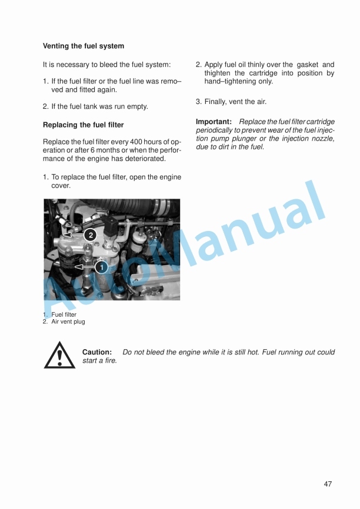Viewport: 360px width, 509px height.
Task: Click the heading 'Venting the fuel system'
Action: coord(84,46)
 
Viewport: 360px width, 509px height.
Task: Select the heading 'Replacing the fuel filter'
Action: coord(84,125)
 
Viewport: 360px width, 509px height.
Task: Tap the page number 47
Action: coord(328,484)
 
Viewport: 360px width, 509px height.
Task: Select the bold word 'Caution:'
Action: coord(97,352)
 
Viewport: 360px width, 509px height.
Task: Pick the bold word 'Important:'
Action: coord(214,122)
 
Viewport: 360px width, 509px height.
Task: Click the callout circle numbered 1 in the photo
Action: coord(101,267)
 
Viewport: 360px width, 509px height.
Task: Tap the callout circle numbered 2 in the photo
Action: coord(89,235)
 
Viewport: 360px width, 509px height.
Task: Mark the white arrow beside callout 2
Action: coord(73,235)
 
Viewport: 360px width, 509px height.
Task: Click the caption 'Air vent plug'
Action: coord(68,322)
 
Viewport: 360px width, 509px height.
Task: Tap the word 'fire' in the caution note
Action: coord(109,361)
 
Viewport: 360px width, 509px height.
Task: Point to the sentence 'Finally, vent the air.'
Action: coord(235,102)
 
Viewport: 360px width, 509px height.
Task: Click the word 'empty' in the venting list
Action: coord(138,107)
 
